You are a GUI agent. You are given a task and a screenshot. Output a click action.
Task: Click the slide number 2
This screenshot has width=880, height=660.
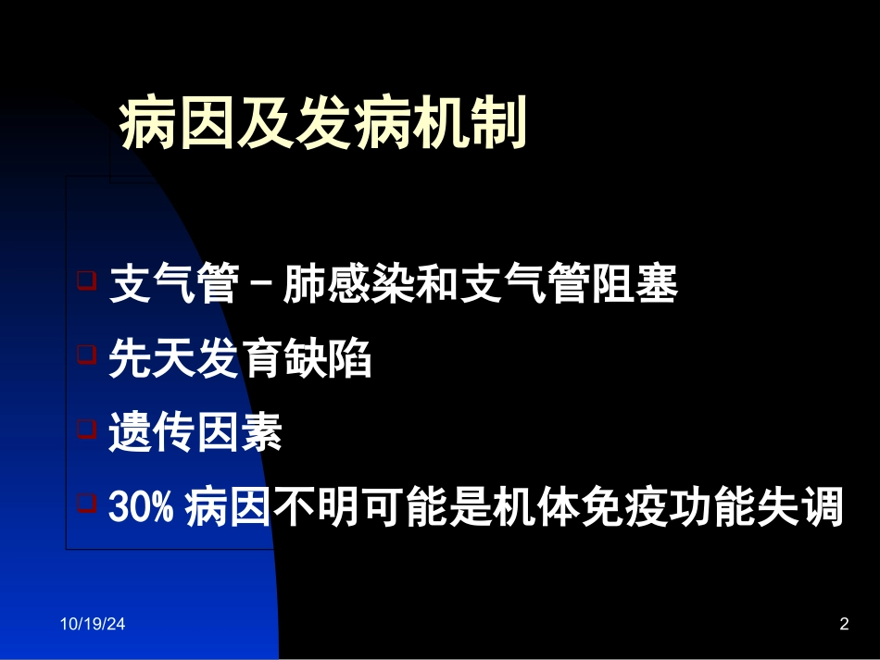point(844,625)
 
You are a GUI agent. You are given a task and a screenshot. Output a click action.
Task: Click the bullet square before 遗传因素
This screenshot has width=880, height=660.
point(86,428)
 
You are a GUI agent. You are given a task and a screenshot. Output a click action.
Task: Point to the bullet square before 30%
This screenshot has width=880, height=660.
point(86,503)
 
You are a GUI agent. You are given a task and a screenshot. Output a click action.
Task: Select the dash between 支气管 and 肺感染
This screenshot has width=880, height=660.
point(261,285)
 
